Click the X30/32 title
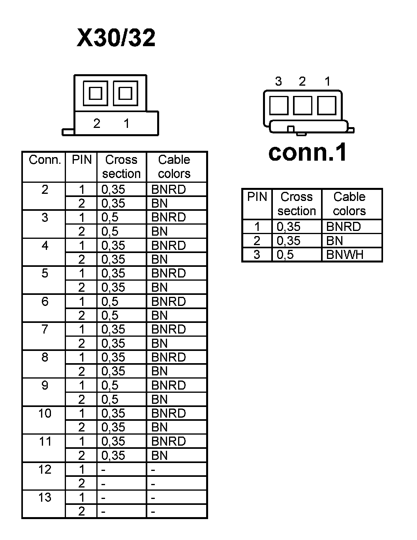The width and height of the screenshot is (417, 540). point(116,38)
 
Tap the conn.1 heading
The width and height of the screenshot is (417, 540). point(308,152)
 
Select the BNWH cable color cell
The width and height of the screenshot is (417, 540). point(345,255)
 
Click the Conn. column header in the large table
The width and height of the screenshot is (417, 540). point(45,160)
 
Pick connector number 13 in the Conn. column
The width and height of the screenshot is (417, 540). point(45,497)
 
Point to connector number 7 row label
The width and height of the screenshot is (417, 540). point(45,329)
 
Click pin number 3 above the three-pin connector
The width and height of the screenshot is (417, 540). point(278,82)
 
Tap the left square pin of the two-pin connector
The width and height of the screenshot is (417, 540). point(95,94)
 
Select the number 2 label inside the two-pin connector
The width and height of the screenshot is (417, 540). point(97,124)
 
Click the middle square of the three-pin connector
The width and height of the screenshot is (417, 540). point(302,105)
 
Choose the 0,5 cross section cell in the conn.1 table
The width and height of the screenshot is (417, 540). point(285,255)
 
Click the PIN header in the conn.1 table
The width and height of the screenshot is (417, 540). point(257,197)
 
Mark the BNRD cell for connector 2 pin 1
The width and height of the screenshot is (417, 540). point(169,189)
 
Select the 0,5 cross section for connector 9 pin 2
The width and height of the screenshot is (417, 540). point(110,399)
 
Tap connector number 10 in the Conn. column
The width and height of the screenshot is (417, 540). point(45,413)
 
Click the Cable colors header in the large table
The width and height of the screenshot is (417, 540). point(174,167)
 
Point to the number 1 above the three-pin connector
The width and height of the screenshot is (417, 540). point(327,82)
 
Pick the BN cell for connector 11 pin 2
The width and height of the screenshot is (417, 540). point(160,456)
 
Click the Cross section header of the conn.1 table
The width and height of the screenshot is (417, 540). point(297,204)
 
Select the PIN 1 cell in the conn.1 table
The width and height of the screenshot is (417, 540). point(257,227)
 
